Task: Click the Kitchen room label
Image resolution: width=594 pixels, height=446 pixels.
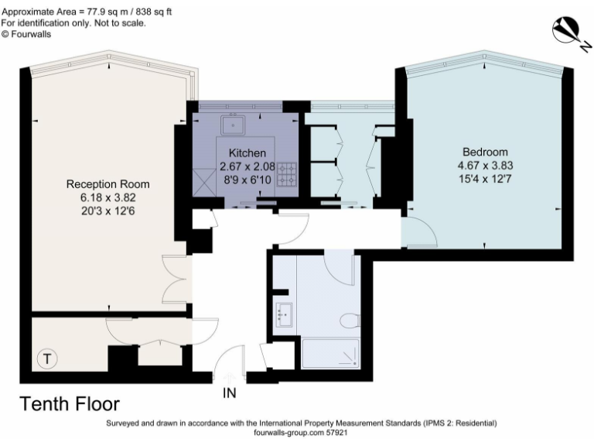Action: click(x=247, y=153)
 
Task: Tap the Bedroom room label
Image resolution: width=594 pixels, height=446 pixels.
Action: click(x=485, y=152)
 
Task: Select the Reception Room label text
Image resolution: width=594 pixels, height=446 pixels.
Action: click(x=108, y=184)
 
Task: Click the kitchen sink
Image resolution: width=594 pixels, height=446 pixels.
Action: click(x=233, y=125)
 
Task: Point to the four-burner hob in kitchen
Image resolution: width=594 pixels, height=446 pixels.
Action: click(x=287, y=174)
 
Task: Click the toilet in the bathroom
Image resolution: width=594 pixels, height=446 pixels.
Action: click(x=350, y=321)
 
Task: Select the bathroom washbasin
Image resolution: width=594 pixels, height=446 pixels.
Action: click(x=283, y=315)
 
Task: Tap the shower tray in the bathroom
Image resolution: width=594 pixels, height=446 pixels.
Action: click(x=331, y=353)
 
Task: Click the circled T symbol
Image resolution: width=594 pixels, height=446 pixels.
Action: click(x=47, y=359)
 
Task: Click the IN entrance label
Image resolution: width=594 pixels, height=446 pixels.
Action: click(x=230, y=393)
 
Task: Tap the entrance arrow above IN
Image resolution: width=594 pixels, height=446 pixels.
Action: click(x=229, y=379)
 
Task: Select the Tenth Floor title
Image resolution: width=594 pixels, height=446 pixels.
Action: click(x=70, y=404)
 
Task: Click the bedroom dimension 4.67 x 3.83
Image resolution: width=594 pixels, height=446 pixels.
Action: click(x=485, y=166)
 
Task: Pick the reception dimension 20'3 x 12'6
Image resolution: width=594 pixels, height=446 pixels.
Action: click(x=108, y=211)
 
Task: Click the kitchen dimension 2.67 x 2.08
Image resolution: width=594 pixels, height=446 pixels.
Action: click(x=247, y=166)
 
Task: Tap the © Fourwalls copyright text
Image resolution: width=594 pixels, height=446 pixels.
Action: click(x=26, y=34)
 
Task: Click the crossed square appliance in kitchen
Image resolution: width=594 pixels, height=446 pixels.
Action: click(x=204, y=183)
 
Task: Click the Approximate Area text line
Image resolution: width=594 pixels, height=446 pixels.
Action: click(x=87, y=12)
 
